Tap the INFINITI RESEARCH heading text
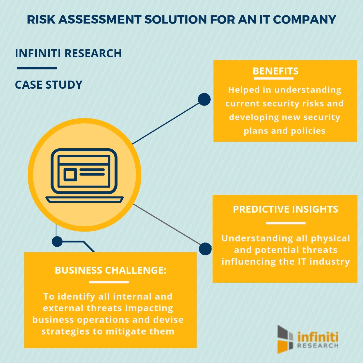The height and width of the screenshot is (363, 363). (68, 54)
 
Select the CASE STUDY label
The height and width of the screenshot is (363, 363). (49, 85)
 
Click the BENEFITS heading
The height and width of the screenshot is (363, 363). (275, 71)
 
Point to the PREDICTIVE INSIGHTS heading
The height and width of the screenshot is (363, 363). (285, 209)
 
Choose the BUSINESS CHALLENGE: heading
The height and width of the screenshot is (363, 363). (111, 271)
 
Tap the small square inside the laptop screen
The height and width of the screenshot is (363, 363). (70, 175)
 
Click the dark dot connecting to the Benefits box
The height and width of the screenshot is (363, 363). (204, 99)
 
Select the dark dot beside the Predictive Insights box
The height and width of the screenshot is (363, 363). (205, 249)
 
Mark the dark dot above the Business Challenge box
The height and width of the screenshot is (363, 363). (57, 241)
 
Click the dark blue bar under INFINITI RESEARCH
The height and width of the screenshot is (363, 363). (37, 68)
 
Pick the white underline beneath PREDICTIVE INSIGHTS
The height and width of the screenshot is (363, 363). (285, 223)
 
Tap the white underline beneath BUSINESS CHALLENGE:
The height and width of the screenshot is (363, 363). (109, 282)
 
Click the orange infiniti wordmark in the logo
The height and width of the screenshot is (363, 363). (318, 337)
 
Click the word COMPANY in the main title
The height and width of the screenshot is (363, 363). (305, 20)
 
